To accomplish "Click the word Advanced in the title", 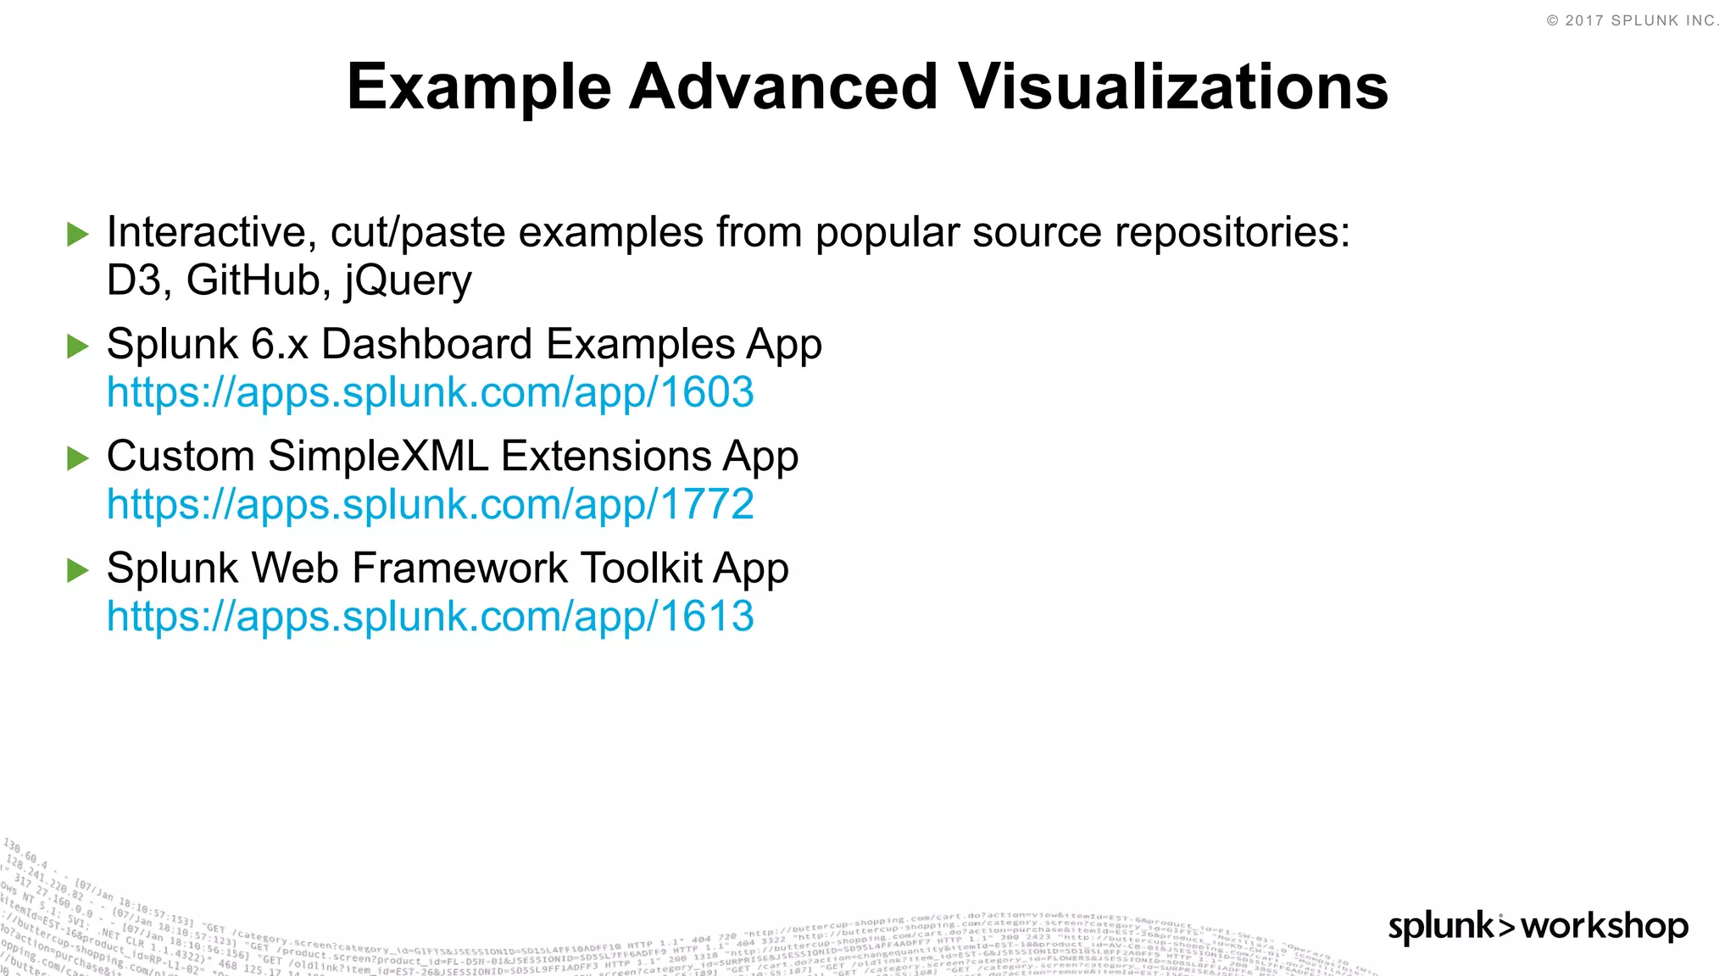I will pos(782,86).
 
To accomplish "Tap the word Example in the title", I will pos(479,88).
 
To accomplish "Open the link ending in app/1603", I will pos(430,392).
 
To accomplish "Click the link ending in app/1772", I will pos(430,505).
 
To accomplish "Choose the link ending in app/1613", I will pos(430,617).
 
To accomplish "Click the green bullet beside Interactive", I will pos(77,234).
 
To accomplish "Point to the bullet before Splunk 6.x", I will pos(77,346).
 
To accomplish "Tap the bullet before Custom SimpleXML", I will pos(77,458).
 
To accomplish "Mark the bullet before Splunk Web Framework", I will pos(77,570).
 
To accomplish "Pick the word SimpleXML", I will pos(378,457).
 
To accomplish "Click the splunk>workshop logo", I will pos(1538,926).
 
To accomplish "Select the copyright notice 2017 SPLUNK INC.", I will pos(1633,20).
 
